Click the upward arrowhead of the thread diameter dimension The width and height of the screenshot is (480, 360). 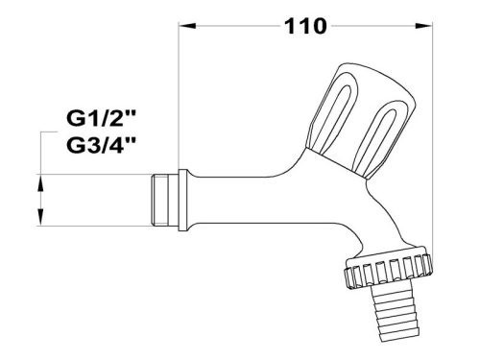click(x=40, y=180)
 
